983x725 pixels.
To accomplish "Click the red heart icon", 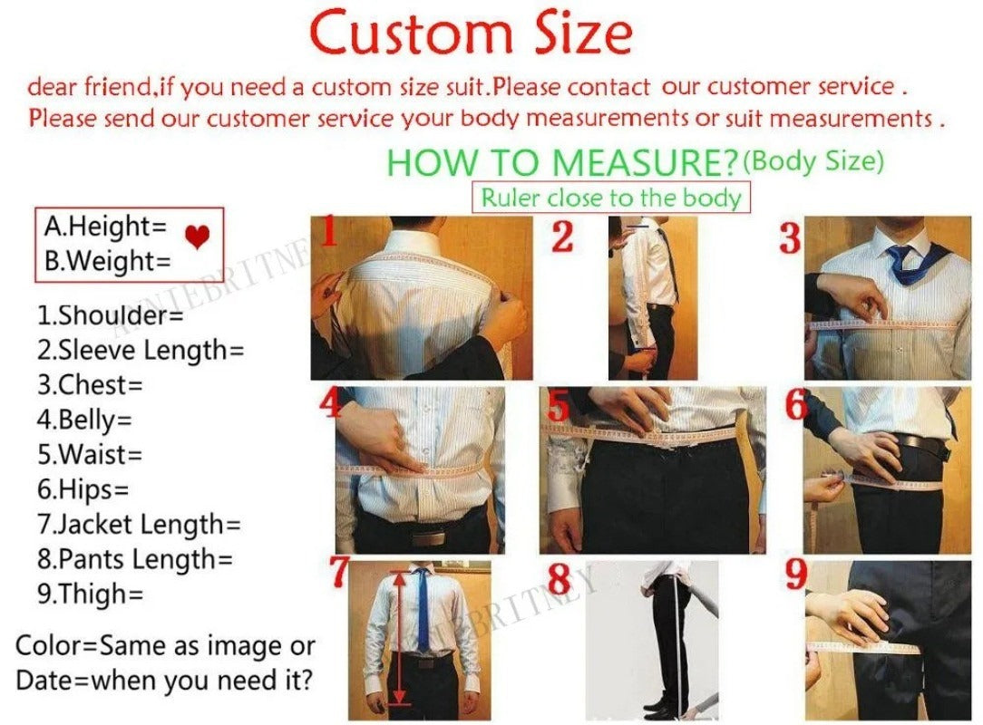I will pyautogui.click(x=197, y=237).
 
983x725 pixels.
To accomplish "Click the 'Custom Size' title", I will pyautogui.click(x=470, y=34).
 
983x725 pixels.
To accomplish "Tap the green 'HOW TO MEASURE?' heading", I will pyautogui.click(x=561, y=163).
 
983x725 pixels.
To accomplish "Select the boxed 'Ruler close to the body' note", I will pyautogui.click(x=611, y=197).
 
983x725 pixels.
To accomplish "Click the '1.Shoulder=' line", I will pyautogui.click(x=110, y=315).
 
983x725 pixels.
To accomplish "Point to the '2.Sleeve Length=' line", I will pyautogui.click(x=141, y=350).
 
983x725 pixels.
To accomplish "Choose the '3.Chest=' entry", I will pyautogui.click(x=90, y=384).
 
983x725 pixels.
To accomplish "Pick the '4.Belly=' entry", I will pyautogui.click(x=84, y=420).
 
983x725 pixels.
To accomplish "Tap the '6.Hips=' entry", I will pyautogui.click(x=83, y=489).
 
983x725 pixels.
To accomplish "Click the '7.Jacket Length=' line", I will pyautogui.click(x=139, y=524).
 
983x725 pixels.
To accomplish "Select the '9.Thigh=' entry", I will pyautogui.click(x=90, y=594).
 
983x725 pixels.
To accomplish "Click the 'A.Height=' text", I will pyautogui.click(x=106, y=226).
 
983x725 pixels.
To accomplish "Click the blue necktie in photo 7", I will pyautogui.click(x=422, y=607).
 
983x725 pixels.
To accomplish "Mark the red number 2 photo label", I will pyautogui.click(x=562, y=237).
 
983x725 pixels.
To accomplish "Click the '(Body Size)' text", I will pyautogui.click(x=813, y=161).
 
